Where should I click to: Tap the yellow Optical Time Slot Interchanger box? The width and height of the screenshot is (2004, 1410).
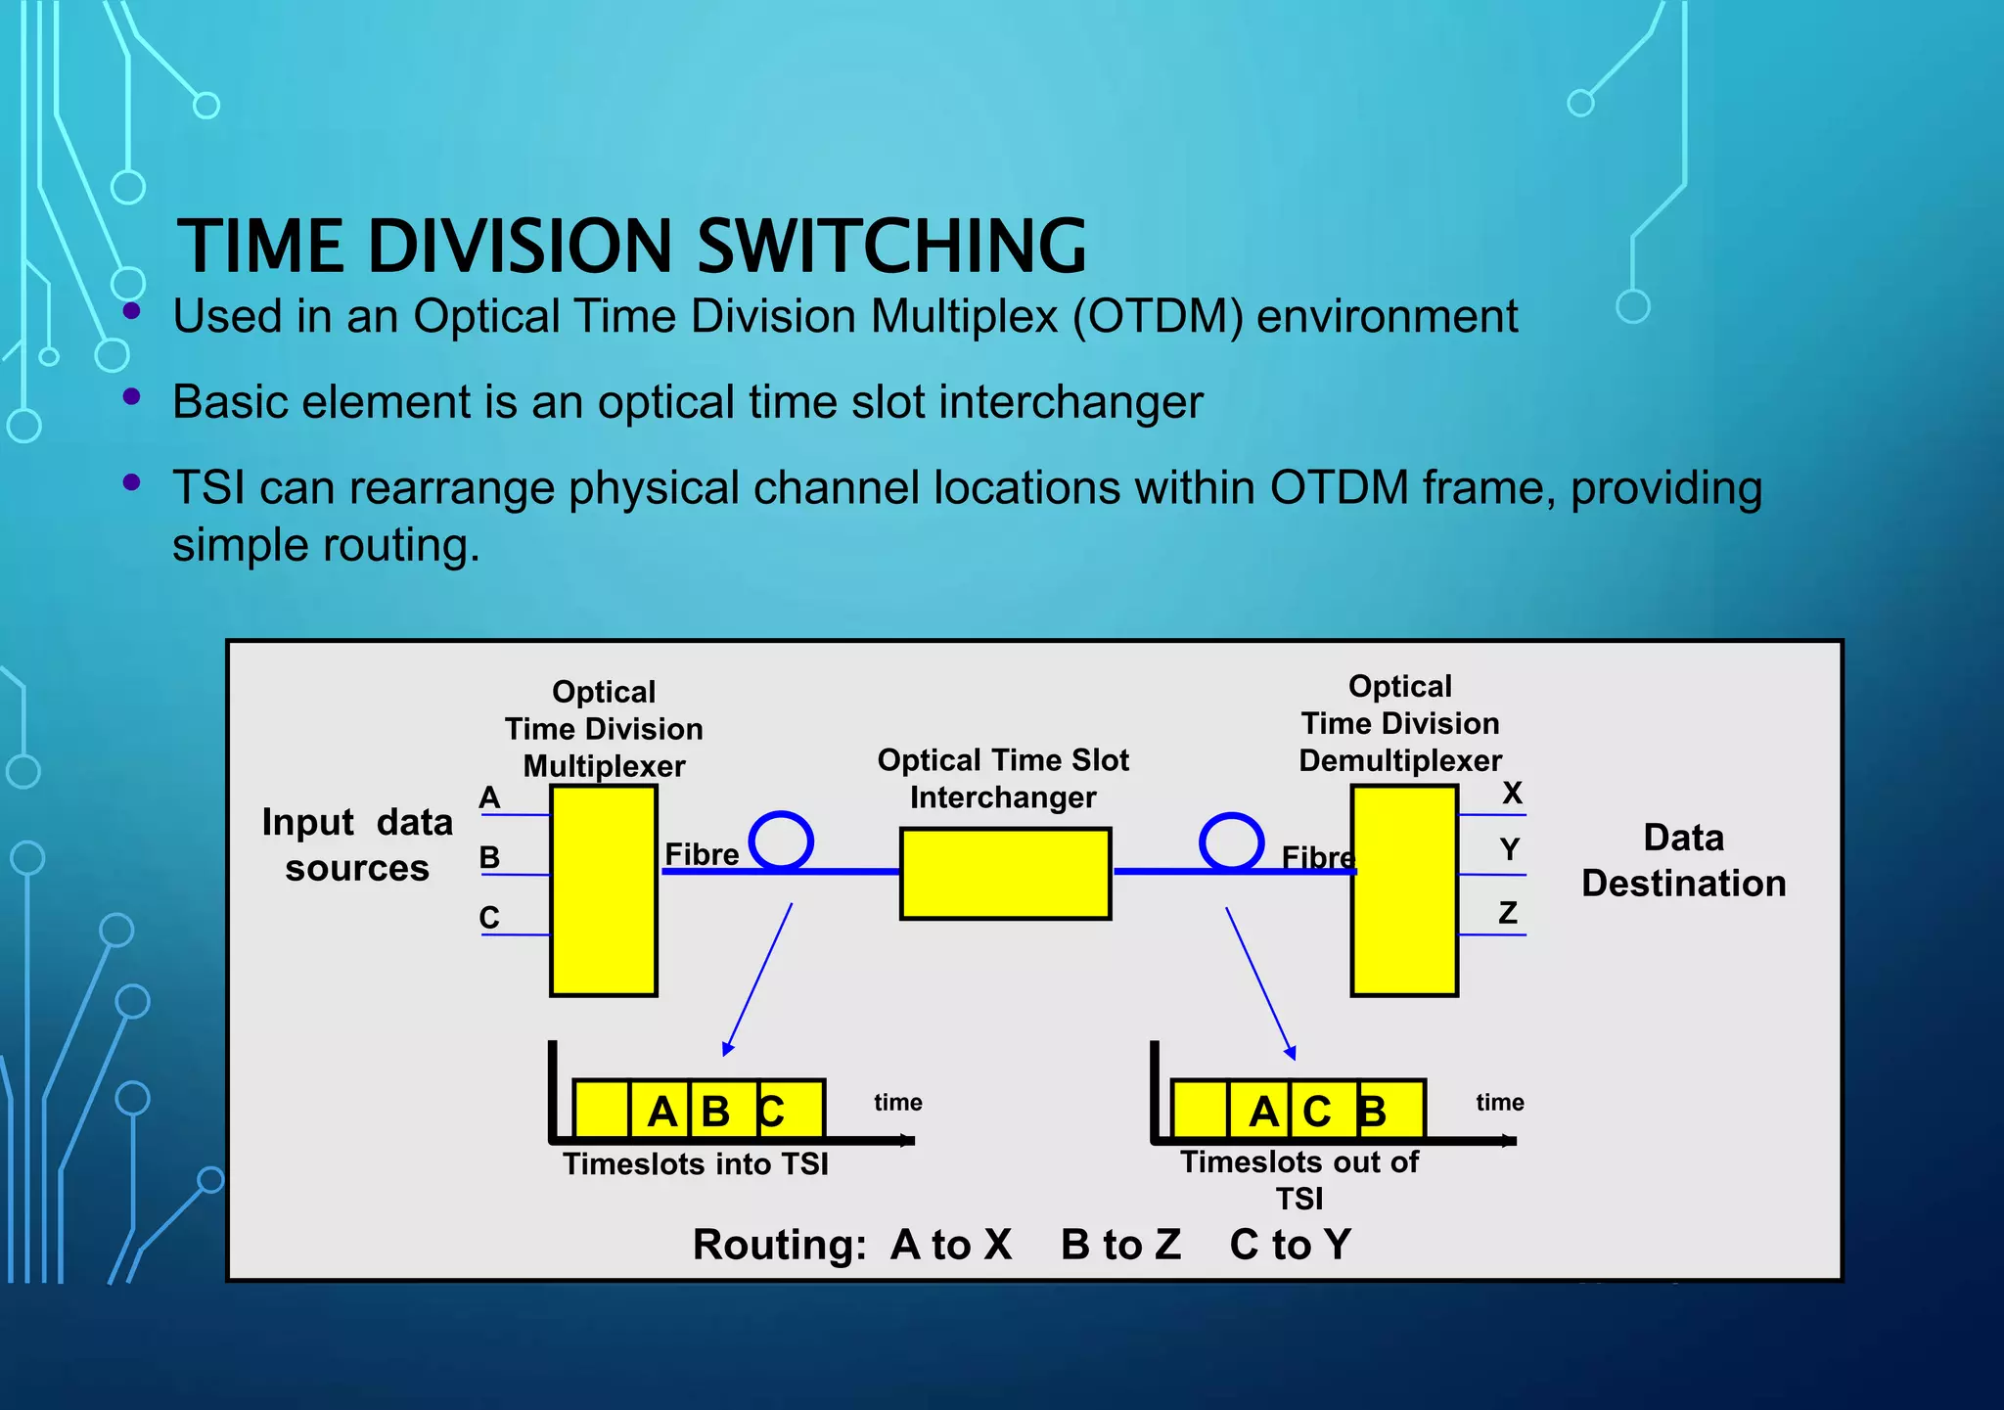1005,874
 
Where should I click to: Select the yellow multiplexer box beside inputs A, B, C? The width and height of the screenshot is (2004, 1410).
604,890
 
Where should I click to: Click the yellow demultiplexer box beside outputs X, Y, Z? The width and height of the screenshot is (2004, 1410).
1404,890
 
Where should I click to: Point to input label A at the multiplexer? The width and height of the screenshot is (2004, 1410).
489,798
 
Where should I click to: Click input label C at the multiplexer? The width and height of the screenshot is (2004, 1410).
489,918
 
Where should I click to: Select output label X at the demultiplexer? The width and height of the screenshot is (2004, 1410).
1512,793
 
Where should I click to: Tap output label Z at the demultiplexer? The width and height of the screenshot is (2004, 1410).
1508,913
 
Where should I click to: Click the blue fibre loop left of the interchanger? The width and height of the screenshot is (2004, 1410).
781,840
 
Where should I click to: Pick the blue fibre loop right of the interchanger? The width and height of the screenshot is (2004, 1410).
1231,841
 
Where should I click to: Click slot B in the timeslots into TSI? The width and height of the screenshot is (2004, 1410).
716,1112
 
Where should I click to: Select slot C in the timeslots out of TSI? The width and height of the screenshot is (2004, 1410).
1317,1112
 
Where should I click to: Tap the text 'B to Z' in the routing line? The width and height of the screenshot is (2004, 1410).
1120,1245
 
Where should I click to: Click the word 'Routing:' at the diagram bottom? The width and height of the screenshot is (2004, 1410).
780,1245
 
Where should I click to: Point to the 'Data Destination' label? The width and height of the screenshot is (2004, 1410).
1683,860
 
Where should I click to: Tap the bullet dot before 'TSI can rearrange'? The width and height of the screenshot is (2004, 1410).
132,481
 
